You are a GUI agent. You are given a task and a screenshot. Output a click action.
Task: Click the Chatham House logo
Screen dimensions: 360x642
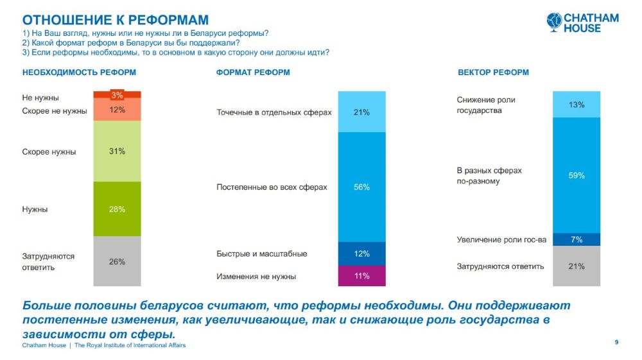[582, 22]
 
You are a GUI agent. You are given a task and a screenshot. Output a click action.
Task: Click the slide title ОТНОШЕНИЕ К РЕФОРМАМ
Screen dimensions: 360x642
[116, 20]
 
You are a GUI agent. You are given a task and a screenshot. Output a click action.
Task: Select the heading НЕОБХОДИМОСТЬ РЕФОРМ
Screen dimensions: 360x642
[79, 73]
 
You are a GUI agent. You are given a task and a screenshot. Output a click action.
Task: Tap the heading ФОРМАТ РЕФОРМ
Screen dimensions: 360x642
[253, 73]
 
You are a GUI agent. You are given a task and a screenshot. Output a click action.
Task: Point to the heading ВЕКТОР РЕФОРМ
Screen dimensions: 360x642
[493, 73]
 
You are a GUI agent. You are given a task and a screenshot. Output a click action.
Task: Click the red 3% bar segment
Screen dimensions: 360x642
[117, 95]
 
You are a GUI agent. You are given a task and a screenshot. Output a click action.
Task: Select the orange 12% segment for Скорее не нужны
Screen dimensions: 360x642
[117, 110]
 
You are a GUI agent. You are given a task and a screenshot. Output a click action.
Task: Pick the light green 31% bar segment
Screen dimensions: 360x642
[117, 151]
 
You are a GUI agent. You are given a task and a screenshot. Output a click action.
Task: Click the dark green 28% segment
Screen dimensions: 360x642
[117, 209]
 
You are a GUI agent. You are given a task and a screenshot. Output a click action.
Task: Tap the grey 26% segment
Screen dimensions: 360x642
[117, 261]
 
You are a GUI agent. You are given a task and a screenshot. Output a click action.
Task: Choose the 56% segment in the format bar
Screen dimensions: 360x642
[361, 187]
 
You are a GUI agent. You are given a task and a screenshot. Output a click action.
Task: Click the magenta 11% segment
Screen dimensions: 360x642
[361, 276]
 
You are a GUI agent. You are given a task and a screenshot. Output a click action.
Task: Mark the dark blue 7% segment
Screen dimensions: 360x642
[576, 239]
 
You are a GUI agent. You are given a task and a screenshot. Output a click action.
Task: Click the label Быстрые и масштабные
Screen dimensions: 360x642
[261, 253]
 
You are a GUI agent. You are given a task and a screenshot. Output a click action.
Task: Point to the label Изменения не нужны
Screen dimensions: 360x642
[256, 277]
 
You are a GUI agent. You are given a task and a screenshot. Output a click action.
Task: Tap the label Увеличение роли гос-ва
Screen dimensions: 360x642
[501, 240]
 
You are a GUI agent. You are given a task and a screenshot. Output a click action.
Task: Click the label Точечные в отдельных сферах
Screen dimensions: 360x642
[273, 112]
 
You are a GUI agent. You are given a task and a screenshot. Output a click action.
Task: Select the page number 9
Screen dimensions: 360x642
[616, 342]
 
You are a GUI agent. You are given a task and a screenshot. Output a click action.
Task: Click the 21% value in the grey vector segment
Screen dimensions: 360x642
[576, 266]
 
